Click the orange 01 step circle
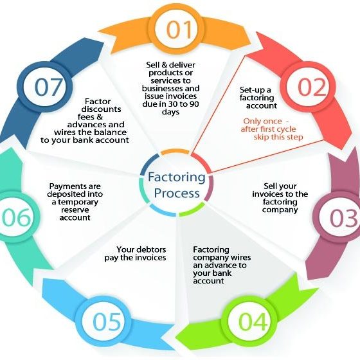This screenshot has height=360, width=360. [176, 30]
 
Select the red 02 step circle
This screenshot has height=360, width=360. [308, 87]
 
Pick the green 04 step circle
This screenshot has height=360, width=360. [252, 321]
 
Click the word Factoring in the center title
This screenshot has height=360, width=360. [177, 177]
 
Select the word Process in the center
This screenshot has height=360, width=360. [177, 194]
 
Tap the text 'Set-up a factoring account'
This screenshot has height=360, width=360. [258, 98]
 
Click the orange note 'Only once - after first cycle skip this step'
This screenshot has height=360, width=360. [272, 129]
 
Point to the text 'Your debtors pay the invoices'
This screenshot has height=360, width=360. [135, 253]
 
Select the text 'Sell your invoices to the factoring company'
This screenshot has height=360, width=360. [280, 198]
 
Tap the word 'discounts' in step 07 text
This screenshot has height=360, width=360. [101, 109]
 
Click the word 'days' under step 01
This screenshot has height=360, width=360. [170, 112]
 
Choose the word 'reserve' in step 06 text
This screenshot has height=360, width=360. [75, 210]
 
